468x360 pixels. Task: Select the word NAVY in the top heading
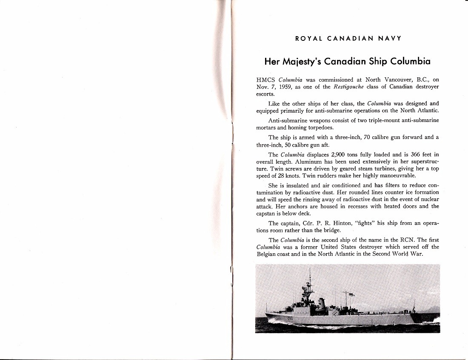[x=391, y=38]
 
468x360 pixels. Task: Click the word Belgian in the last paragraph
[x=267, y=254]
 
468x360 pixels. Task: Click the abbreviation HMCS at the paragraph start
[x=266, y=79]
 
